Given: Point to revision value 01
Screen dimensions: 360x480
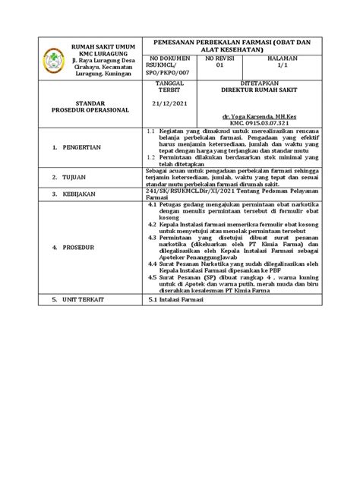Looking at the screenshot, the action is (221, 66).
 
